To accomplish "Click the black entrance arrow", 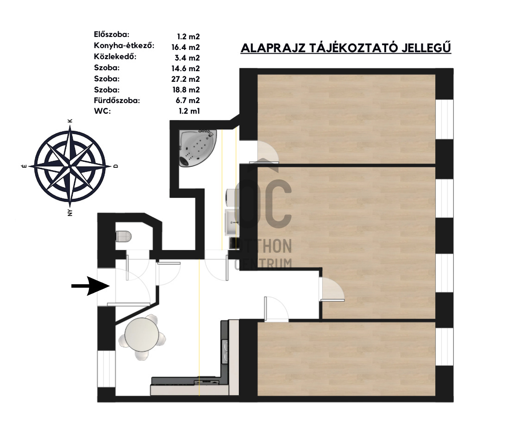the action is [91, 286].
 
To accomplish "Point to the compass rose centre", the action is [70, 166].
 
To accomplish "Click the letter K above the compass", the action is [70, 121].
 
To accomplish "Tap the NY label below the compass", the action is [70, 212].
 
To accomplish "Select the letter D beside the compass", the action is [116, 166].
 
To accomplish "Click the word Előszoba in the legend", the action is [112, 34].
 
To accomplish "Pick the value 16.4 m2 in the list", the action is [186, 47].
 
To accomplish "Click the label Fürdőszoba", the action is [117, 100].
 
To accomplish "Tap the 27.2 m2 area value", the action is [186, 79].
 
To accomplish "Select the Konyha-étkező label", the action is [124, 46].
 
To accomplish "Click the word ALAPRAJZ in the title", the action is [273, 48].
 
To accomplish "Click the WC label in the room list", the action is [102, 111].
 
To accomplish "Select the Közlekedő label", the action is [115, 56].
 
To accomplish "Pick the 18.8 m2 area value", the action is [186, 90].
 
